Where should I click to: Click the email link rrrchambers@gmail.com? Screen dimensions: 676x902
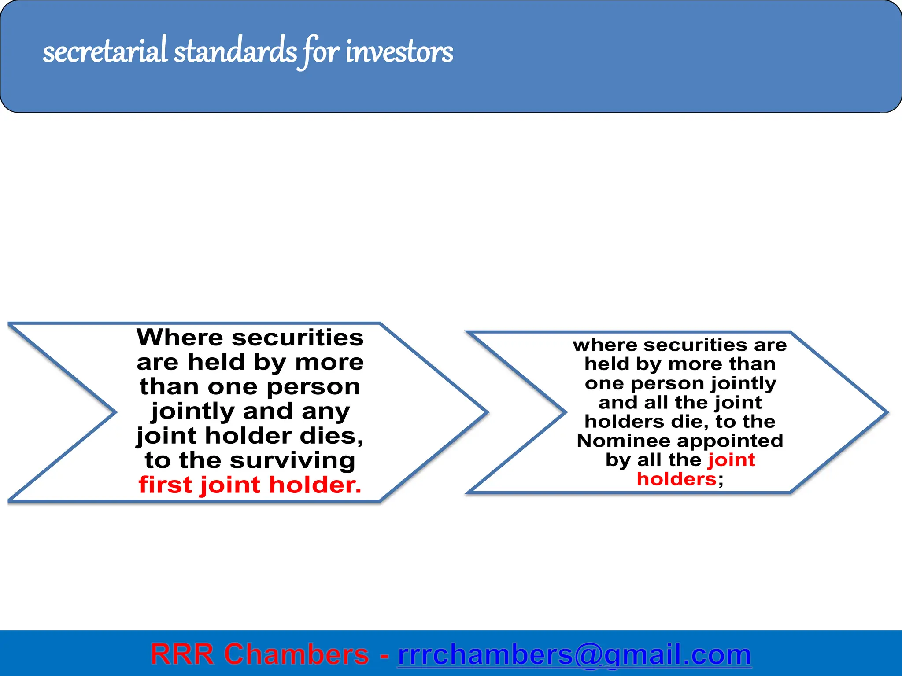pos(574,654)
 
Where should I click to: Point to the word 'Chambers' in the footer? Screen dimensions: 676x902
pos(296,654)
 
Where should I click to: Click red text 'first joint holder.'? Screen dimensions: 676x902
pos(250,485)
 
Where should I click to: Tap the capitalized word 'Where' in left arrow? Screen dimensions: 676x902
pos(180,338)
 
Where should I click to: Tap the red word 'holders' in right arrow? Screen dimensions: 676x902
pos(676,479)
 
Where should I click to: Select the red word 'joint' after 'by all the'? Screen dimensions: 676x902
pos(731,460)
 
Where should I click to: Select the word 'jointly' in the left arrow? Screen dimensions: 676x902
pos(192,411)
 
